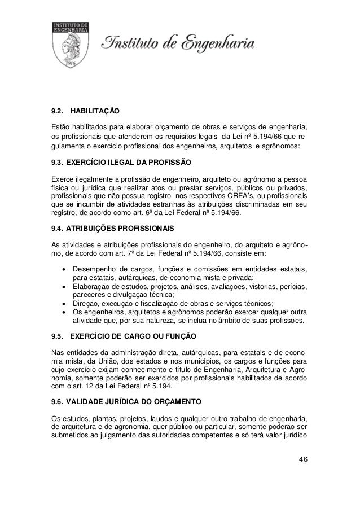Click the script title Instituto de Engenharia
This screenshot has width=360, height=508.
pos(179,43)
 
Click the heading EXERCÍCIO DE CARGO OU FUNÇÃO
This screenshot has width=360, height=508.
pos(135,338)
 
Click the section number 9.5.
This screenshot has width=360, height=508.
pos(58,338)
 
